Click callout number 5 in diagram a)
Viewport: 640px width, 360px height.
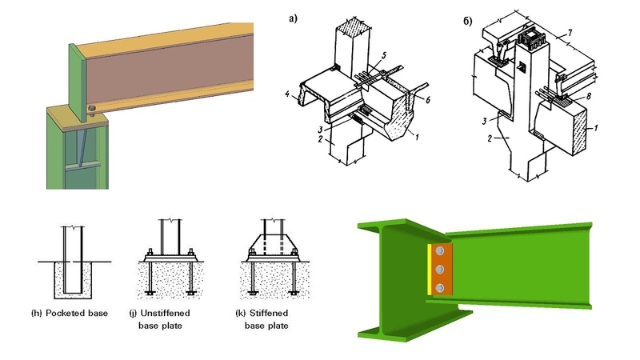pyautogui.click(x=382, y=54)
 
